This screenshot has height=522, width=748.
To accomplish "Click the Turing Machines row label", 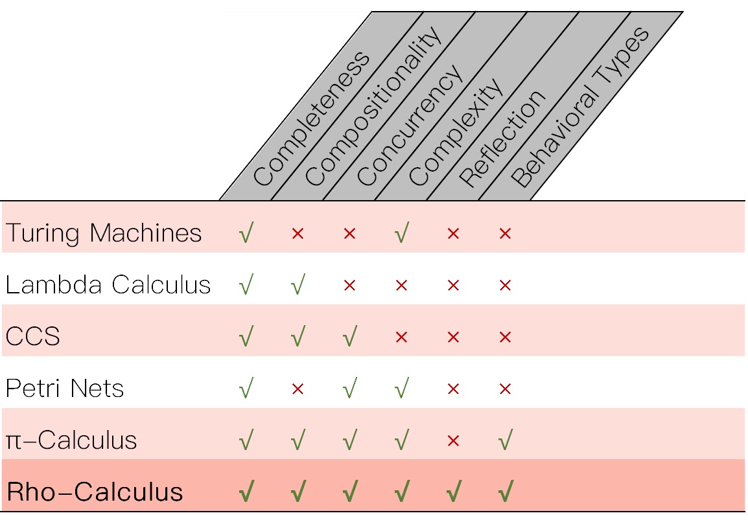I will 104,233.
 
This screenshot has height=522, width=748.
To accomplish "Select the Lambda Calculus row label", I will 108,284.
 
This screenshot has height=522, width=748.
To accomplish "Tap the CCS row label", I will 33,337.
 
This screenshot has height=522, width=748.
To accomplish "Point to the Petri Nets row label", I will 65,389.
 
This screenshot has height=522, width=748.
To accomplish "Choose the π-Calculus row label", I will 71,440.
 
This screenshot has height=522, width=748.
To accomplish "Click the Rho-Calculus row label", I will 95,492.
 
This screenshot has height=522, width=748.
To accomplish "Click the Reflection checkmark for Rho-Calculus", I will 453,493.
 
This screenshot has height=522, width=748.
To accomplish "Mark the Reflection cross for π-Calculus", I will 453,441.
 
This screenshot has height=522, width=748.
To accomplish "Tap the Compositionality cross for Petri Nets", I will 298,389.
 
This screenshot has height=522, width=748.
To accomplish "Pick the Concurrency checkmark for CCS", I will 349,337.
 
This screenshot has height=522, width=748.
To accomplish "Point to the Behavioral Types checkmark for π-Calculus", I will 505,441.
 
